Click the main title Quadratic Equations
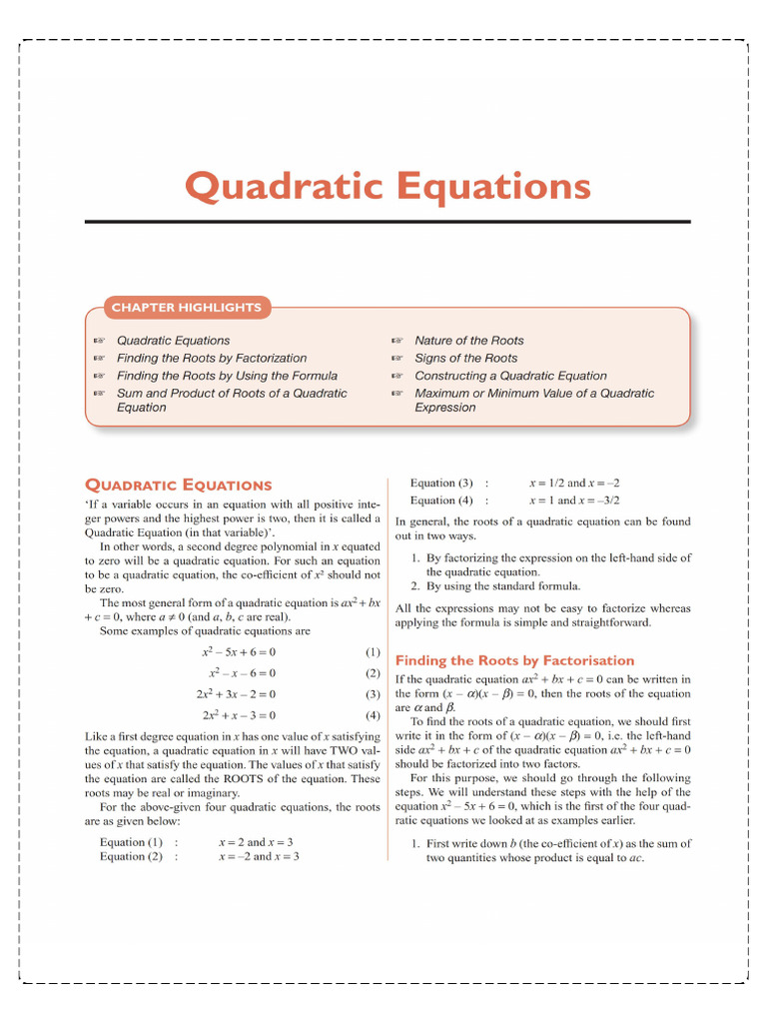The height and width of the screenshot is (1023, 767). (x=387, y=186)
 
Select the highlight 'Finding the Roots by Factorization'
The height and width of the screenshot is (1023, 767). (x=212, y=358)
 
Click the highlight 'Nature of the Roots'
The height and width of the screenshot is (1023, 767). (x=468, y=341)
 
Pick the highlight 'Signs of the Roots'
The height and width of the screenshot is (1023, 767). (x=465, y=358)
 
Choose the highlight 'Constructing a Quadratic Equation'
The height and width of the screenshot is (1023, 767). (x=510, y=376)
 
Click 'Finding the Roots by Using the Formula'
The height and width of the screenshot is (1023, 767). (x=227, y=376)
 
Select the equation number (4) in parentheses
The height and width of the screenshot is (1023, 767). (x=373, y=715)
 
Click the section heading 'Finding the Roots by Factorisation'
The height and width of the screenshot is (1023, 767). (x=514, y=660)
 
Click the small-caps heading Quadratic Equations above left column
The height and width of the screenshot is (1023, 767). (x=178, y=485)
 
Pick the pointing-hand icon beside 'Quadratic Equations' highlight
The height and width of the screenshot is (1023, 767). (x=99, y=341)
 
